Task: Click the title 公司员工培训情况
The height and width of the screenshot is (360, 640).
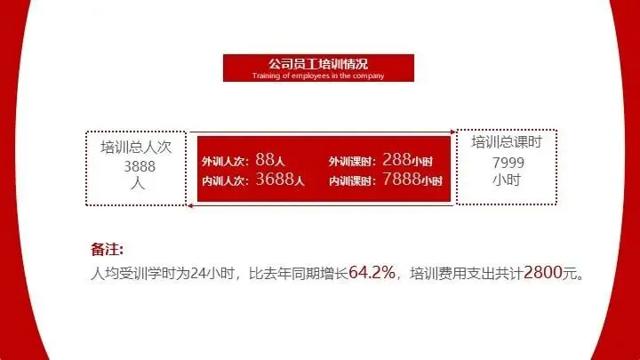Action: point(318,64)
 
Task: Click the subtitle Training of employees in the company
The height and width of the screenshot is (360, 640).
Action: point(318,76)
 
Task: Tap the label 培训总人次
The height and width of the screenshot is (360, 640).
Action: point(136,148)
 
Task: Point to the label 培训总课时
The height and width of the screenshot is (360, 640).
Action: point(507,142)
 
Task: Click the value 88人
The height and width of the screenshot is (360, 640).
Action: point(269,160)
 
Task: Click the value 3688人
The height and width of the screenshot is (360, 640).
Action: point(279,180)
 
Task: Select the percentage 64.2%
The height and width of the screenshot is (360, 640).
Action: point(372,272)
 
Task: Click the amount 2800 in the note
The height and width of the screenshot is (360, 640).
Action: point(543,272)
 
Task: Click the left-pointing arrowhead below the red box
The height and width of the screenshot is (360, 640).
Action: point(191,207)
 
